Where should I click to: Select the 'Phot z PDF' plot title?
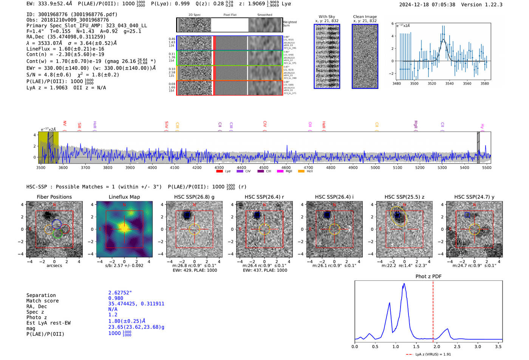pos(428,277)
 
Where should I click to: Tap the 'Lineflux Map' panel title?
pos(124,197)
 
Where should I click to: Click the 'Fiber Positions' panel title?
pos(54,197)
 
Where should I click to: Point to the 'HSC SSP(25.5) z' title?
pos(404,197)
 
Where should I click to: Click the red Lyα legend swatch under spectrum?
pos(220,172)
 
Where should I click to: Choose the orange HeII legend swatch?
pos(301,172)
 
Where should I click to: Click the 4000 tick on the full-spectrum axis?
pos(152,168)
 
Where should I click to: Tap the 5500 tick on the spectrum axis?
pos(486,168)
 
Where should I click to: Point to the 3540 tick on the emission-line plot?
pos(449,83)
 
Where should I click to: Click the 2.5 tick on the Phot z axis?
pos(457,346)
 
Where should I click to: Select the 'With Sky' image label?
pos(326,17)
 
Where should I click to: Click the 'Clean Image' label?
pos(365,17)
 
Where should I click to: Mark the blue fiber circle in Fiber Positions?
pos(57,224)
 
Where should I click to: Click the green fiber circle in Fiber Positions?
pos(57,234)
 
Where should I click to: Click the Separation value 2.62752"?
pos(120,293)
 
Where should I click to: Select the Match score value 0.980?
pos(116,298)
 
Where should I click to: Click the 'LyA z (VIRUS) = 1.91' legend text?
pos(433,354)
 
